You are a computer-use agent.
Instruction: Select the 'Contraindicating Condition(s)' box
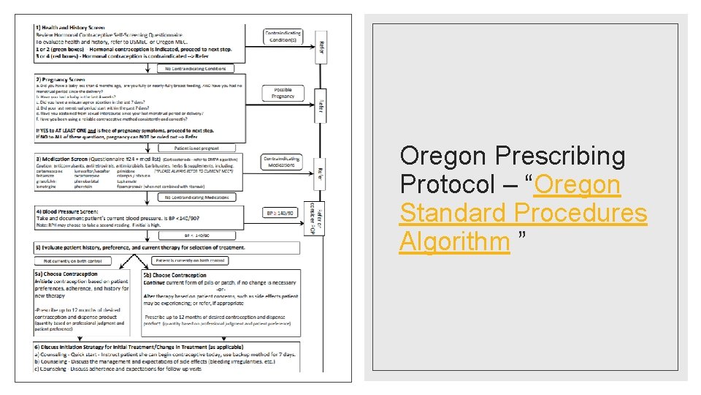click(x=283, y=37)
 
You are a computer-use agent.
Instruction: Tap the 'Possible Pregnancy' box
click(x=283, y=92)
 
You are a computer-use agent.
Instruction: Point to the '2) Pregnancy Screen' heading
click(x=61, y=79)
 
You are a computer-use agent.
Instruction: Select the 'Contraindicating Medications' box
click(x=283, y=162)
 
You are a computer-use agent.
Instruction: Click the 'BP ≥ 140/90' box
click(x=282, y=214)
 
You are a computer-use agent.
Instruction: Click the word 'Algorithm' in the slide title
click(x=454, y=241)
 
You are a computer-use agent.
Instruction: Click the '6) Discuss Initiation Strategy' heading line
click(x=139, y=347)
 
